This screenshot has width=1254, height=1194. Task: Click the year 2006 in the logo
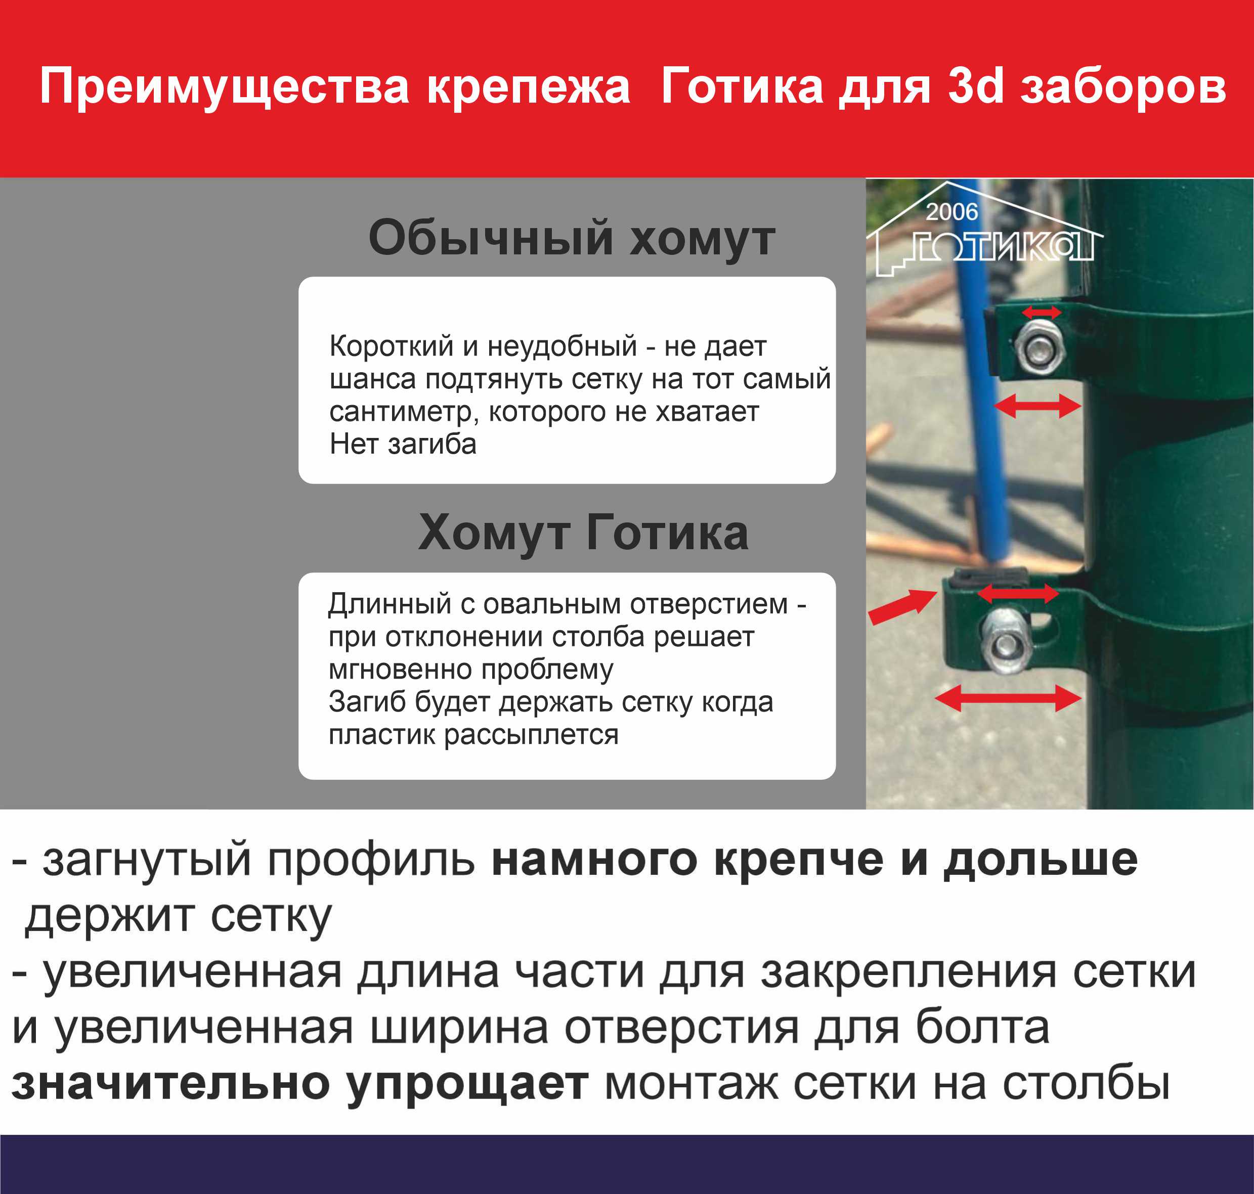[x=952, y=212]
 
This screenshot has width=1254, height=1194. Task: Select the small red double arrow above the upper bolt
[x=1042, y=312]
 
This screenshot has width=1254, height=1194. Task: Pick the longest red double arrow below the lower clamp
[x=1008, y=698]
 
